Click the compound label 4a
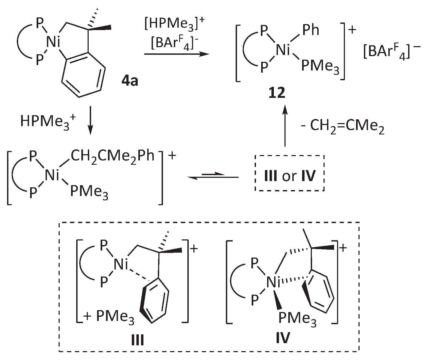coord(130,81)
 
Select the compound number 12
coord(277,93)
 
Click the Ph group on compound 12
coord(310,30)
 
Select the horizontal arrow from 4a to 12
coord(176,54)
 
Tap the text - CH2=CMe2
coord(343,127)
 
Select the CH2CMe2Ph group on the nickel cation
coord(112,157)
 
